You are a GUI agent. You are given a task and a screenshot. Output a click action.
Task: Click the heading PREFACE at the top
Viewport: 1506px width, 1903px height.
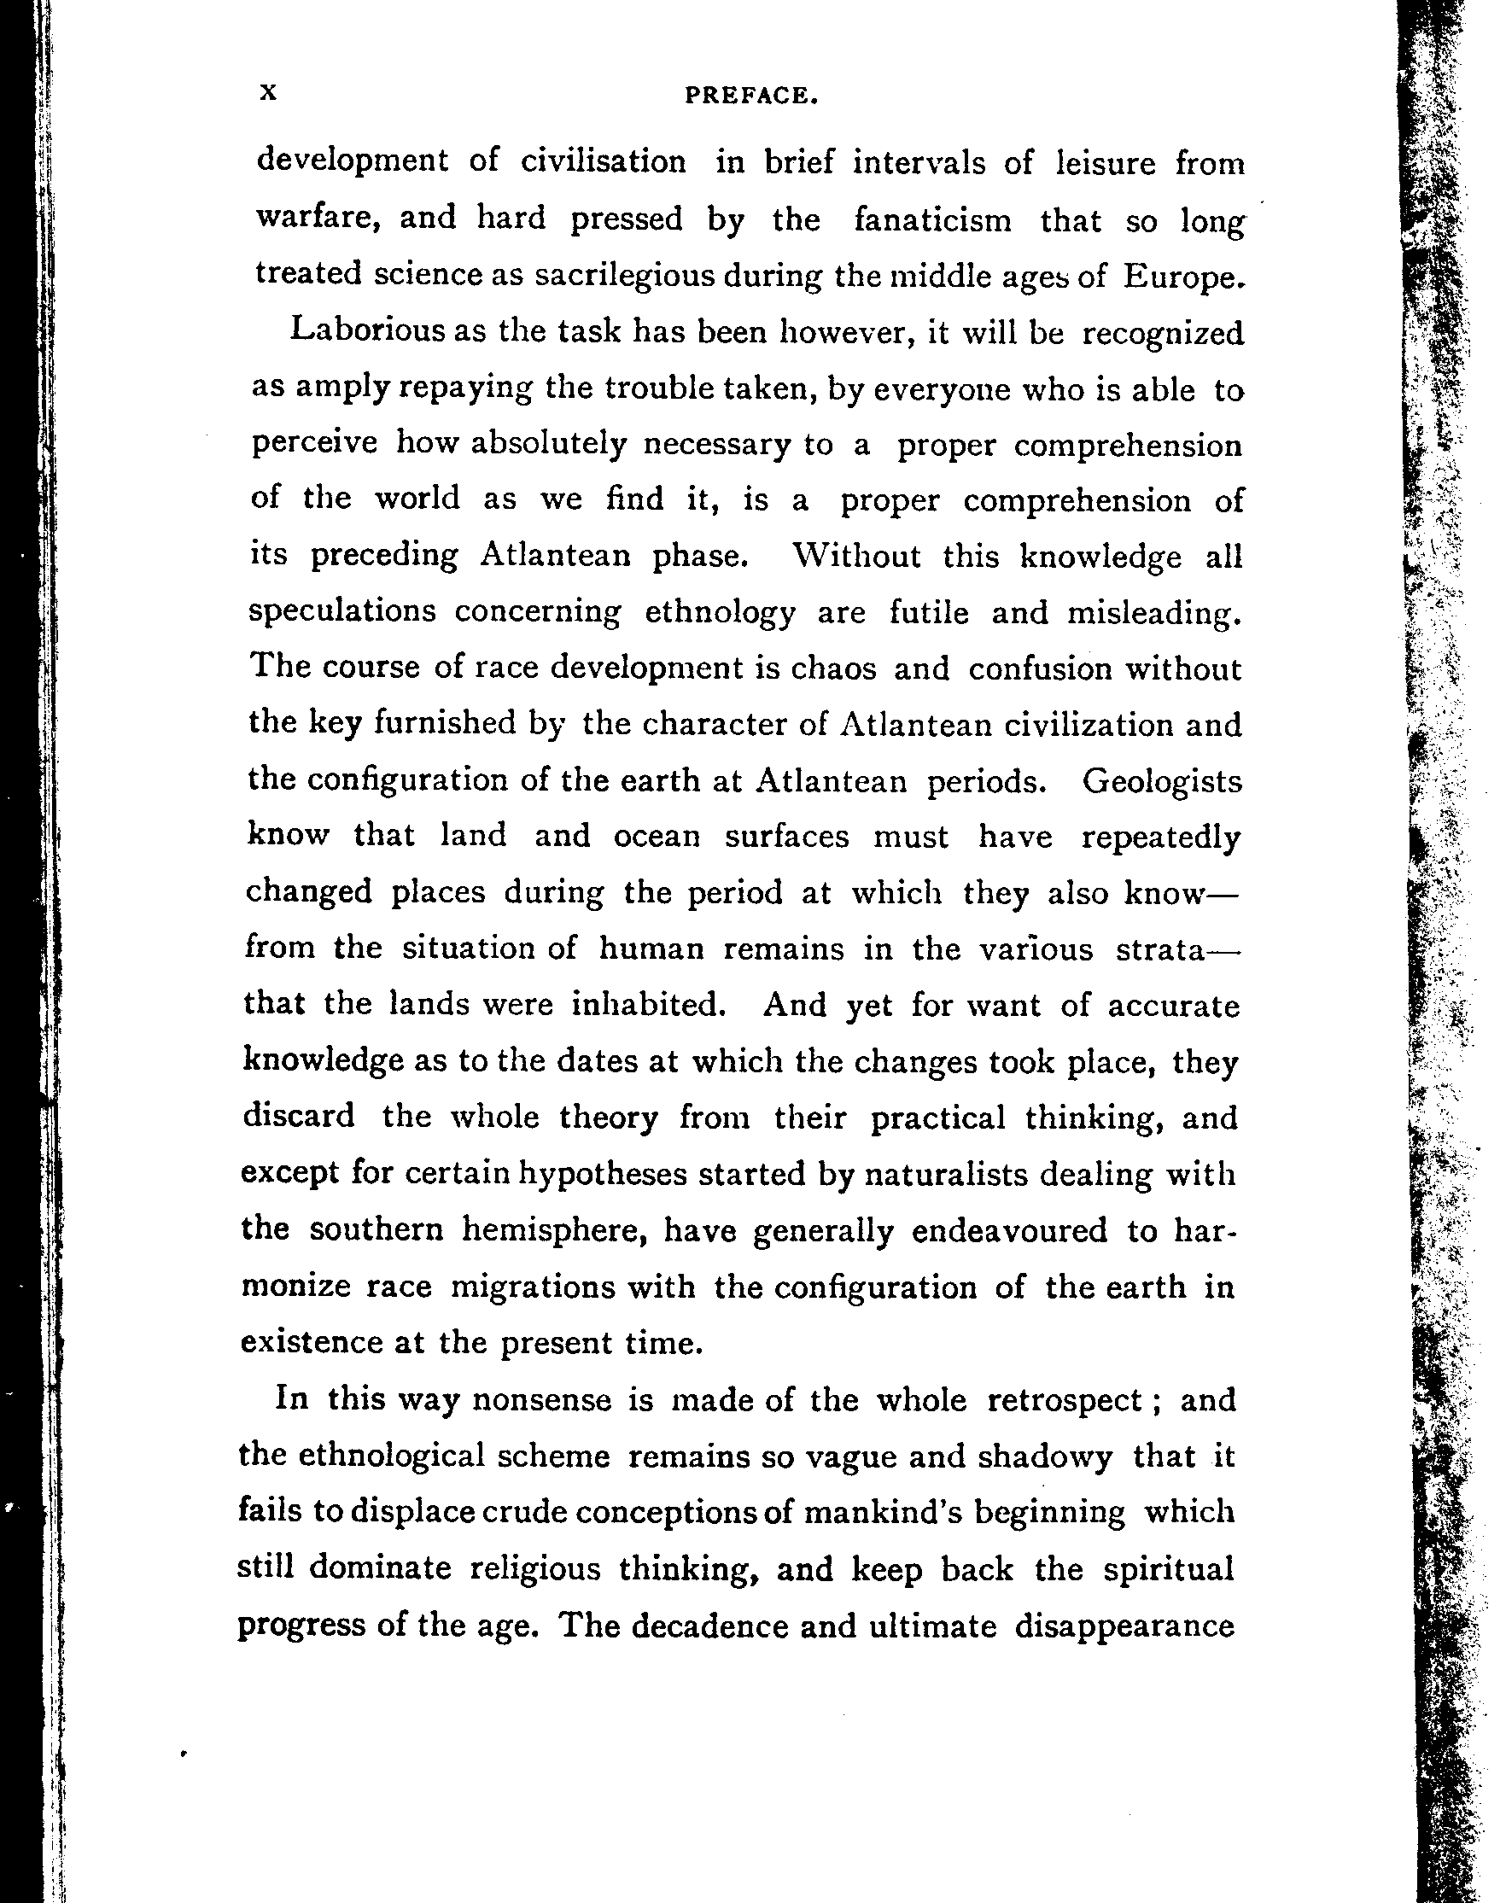[752, 96]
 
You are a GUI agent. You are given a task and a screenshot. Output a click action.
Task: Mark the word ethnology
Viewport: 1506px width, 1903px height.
[721, 613]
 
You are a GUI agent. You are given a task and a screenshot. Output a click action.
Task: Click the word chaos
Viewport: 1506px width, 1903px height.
[833, 668]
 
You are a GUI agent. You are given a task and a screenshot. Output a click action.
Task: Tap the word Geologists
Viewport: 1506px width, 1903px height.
[1161, 780]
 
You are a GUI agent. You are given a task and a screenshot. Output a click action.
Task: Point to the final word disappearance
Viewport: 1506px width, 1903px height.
[1124, 1626]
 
